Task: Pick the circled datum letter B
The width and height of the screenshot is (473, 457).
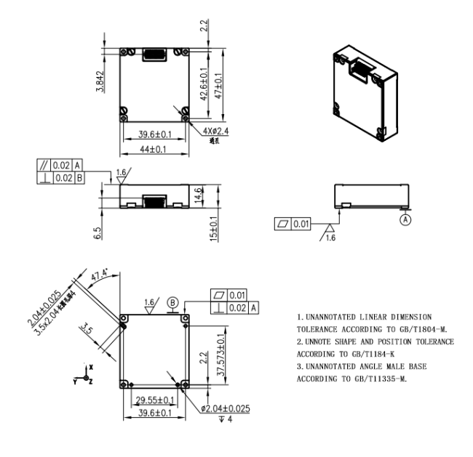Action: pos(173,302)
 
